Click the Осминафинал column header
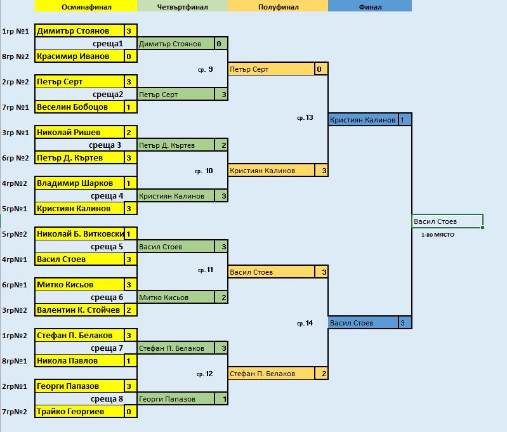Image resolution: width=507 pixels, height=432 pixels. tap(86, 6)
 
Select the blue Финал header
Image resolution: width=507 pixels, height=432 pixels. tap(370, 6)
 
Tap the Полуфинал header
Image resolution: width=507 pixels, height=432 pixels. tap(278, 6)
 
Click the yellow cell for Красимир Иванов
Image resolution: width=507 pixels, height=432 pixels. tap(79, 56)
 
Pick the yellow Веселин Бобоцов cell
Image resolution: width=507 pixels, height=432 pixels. tap(79, 107)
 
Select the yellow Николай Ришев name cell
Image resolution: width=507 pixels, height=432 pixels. tap(79, 132)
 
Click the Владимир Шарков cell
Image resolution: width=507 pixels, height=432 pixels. tap(79, 183)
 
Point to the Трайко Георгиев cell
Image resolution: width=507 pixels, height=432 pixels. tap(79, 412)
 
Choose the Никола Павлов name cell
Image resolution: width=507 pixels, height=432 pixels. tap(79, 361)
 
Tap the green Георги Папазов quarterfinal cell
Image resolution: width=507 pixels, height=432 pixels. tap(176, 399)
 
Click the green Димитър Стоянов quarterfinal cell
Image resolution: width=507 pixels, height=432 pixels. tap(176, 44)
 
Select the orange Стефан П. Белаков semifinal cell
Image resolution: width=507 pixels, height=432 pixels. tap(272, 374)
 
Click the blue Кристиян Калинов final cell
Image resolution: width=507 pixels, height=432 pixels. tap(363, 120)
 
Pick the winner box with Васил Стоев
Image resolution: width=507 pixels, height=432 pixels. tap(447, 221)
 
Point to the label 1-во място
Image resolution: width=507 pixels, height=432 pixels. tap(437, 235)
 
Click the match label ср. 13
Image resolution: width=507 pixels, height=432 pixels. tap(305, 118)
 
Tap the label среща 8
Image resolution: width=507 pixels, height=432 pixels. tap(107, 399)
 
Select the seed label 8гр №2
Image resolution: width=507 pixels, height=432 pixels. tap(15, 56)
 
